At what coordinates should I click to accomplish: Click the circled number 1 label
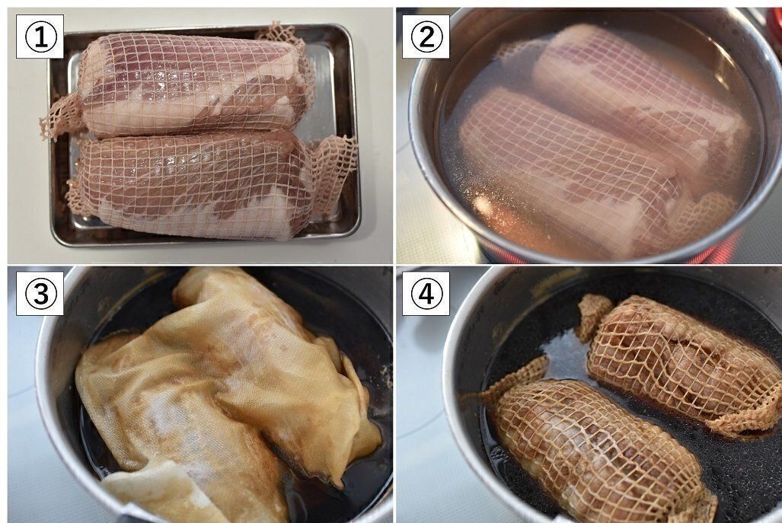coord(40,37)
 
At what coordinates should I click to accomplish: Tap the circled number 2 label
coord(426,37)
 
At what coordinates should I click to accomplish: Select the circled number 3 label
coord(40,294)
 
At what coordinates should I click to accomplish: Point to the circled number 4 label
coord(426,294)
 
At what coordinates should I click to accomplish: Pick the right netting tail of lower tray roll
coord(334,172)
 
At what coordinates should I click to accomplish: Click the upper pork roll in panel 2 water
coord(638,100)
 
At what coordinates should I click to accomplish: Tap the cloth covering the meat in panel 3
coord(225,394)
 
